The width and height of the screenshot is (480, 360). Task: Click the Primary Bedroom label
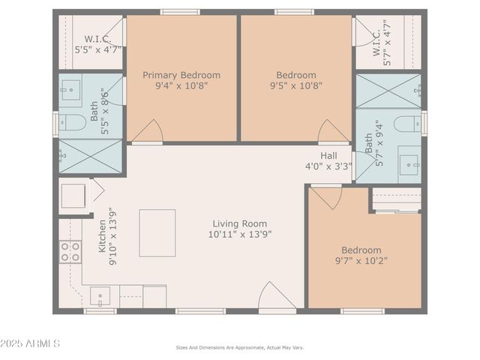point(181,75)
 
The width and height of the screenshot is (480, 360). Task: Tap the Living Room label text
point(240,223)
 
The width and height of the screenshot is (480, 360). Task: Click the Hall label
point(328,156)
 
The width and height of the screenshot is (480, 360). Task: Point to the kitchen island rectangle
point(157,232)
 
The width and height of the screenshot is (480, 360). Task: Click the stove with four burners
point(70,251)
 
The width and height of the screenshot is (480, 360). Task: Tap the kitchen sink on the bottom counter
point(100,296)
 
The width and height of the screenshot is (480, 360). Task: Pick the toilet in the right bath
point(407,124)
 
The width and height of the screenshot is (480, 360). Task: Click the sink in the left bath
point(71,93)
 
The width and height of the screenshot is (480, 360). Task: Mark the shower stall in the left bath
point(90,156)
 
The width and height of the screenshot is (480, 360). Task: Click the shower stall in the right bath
point(388,91)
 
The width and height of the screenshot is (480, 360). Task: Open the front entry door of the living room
point(277,298)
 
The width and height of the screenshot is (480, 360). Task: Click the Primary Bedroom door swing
point(148,131)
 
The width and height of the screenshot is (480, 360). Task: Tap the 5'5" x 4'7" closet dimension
point(97,49)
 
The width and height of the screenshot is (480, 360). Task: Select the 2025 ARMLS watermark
point(31,343)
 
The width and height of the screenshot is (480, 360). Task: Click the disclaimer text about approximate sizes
point(240,347)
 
